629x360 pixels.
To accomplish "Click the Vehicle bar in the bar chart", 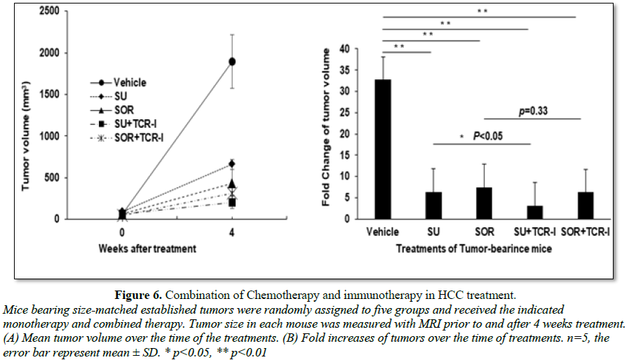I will (x=382, y=149).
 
